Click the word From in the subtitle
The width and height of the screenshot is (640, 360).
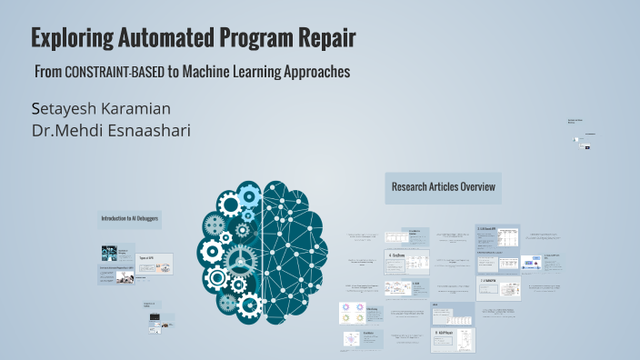(48, 72)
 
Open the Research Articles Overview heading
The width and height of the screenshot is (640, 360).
(443, 187)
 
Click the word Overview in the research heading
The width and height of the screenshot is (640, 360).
(475, 187)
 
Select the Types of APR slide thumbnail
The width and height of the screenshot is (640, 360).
(155, 265)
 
